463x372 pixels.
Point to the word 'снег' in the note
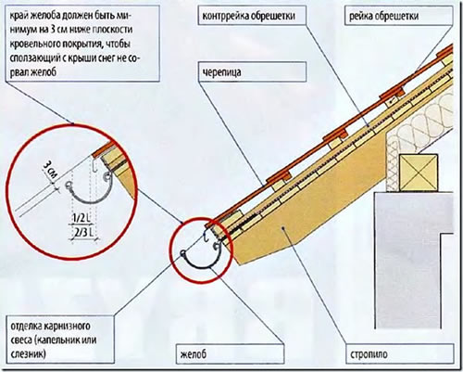click(121, 59)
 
